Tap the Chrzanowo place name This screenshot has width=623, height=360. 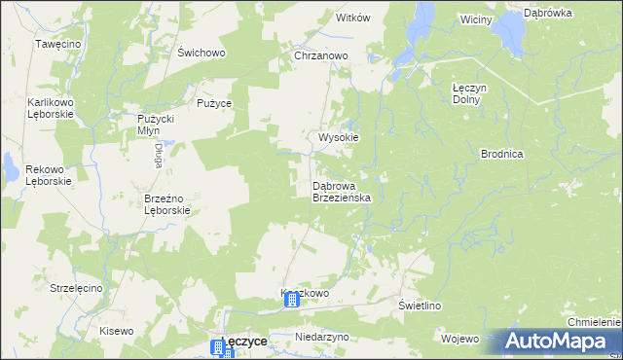point(321,56)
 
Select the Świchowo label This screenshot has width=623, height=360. point(202,54)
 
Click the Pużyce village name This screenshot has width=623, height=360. point(213,102)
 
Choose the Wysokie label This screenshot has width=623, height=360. point(339,138)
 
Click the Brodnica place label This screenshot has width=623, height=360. point(502,154)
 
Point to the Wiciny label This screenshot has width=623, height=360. point(477,19)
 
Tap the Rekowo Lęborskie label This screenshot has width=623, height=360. point(30,175)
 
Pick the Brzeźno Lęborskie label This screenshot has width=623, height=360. point(166,203)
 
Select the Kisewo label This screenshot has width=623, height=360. point(116,331)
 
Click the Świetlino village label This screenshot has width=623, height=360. point(421,306)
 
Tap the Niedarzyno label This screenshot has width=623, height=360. point(321,337)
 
